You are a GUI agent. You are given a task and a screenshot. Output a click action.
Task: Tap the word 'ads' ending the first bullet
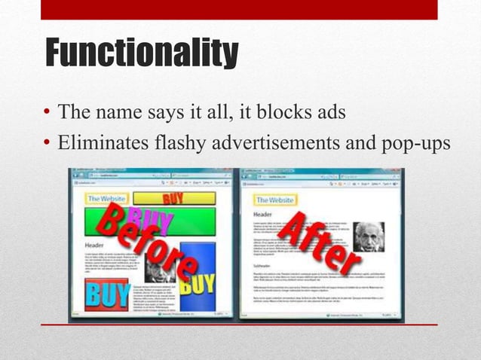[331, 113]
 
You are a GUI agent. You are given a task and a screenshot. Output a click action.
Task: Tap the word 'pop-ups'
[413, 142]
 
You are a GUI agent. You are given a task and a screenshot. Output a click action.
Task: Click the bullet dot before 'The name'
[47, 114]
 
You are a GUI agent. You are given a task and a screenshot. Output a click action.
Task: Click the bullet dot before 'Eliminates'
[47, 142]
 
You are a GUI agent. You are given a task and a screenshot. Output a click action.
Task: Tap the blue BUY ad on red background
[106, 293]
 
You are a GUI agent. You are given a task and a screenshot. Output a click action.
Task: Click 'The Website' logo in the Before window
[107, 199]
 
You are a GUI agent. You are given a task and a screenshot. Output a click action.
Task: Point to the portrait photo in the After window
[369, 236]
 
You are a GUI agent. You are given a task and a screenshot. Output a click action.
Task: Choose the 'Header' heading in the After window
[264, 215]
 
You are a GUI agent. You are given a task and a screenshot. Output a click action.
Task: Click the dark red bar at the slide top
[239, 9]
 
